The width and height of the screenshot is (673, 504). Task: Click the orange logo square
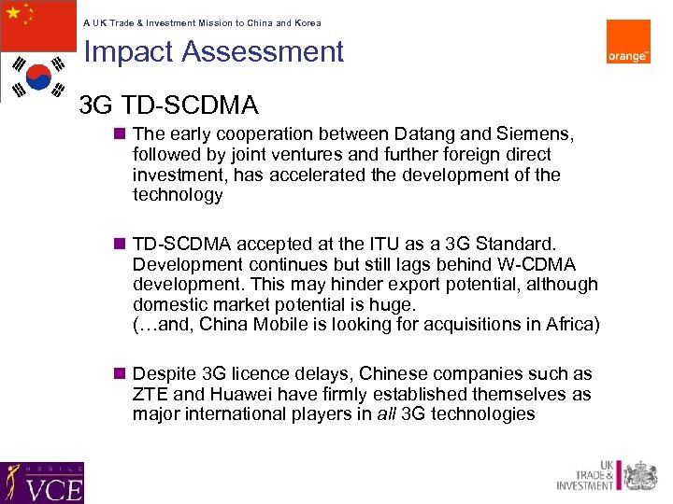628,41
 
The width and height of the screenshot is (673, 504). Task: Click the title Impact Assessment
214,51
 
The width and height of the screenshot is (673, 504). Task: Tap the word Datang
404,134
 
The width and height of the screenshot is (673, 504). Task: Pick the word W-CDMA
541,264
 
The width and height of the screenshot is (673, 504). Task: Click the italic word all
385,413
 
